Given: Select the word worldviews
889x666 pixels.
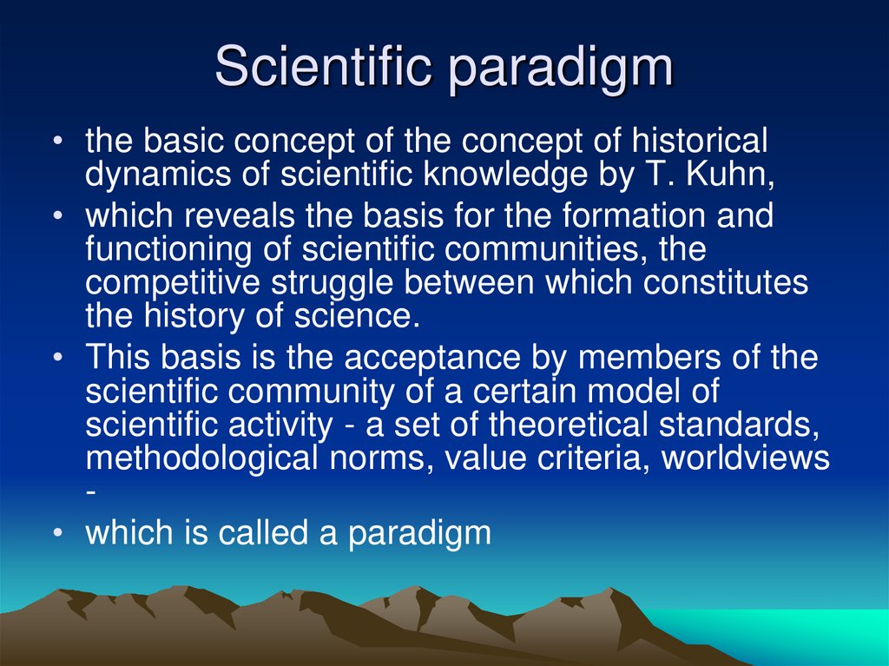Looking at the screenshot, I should point(746,458).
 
